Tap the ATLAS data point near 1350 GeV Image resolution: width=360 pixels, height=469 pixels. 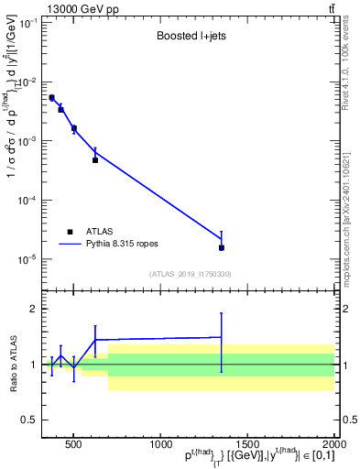(222, 247)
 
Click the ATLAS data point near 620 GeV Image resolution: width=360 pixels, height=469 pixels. (95, 160)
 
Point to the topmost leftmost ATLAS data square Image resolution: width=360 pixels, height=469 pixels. (52, 97)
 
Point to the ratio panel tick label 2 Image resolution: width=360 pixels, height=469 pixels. (36, 309)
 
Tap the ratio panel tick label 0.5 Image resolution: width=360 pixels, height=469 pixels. (32, 420)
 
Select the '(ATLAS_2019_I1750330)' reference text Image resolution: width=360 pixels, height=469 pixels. (191, 274)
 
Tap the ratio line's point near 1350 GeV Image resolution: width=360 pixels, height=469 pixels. (222, 337)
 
